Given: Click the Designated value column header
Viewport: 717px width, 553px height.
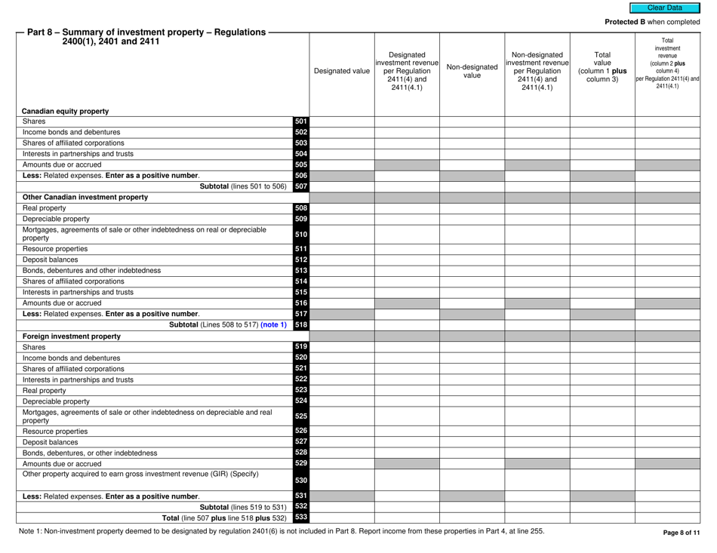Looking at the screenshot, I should tap(342, 72).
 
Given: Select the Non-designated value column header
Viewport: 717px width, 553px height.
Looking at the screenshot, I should tap(472, 72).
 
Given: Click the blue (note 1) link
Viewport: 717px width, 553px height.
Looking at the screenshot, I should tap(269, 325).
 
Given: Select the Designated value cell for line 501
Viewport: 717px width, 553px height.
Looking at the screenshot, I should tap(342, 121).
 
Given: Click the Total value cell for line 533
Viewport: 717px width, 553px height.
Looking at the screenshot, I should tap(602, 518).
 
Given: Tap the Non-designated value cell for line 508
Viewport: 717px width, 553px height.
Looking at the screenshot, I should tap(472, 208).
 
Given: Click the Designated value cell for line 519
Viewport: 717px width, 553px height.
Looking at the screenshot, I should tap(342, 346).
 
